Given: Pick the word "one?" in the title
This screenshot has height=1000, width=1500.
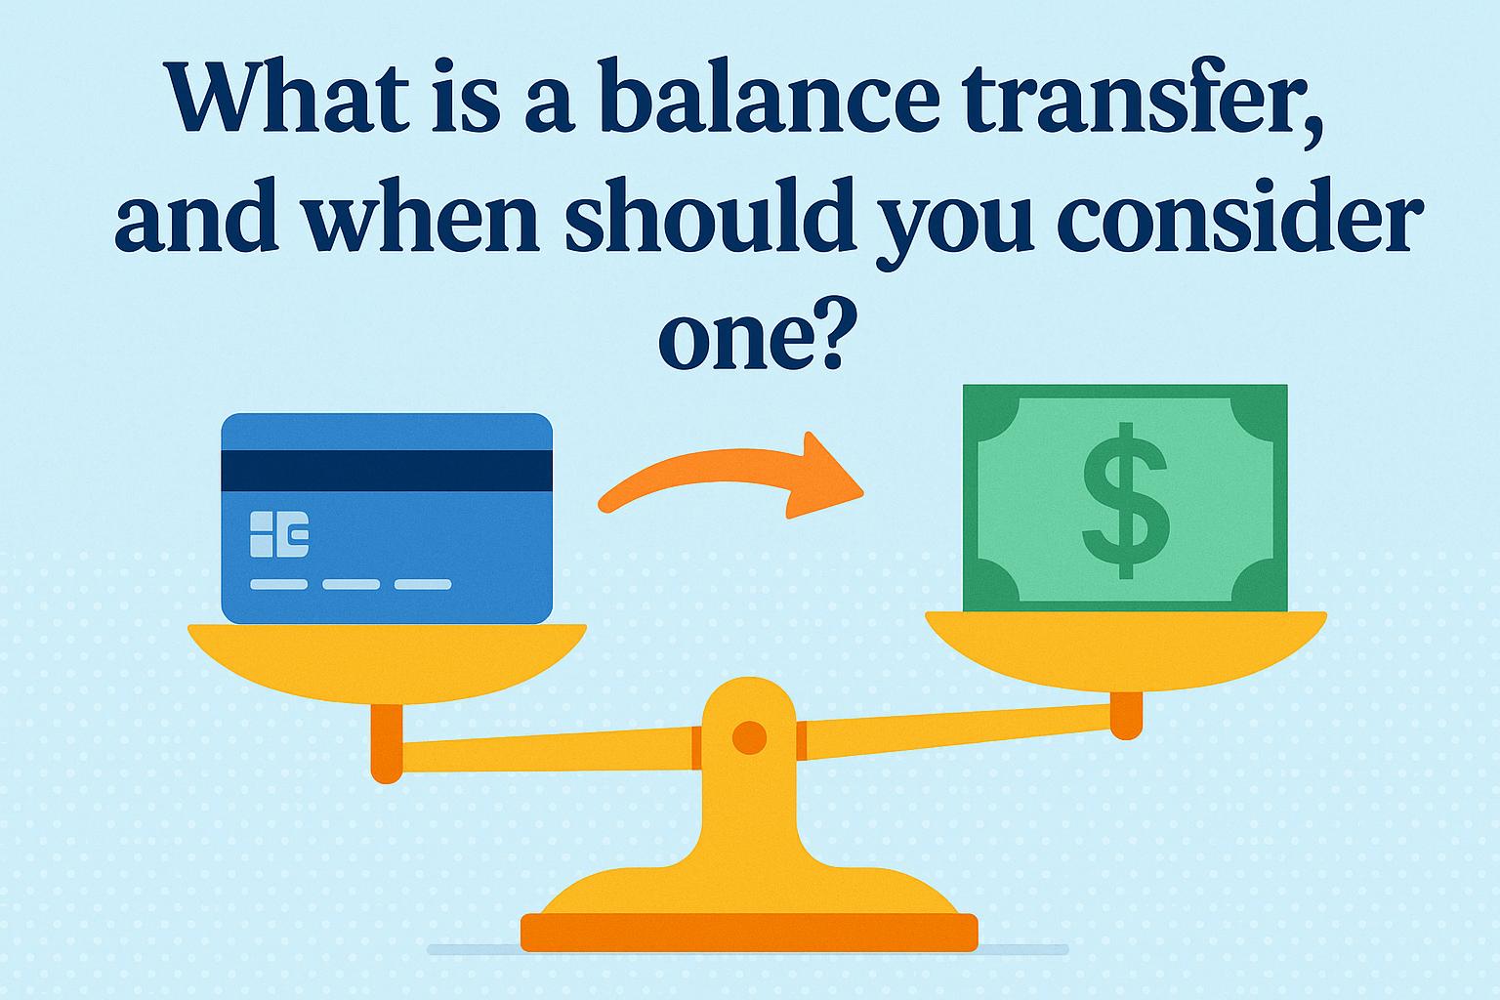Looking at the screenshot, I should pos(750,337).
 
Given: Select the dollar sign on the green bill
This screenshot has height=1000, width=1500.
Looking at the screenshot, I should pos(1125,498).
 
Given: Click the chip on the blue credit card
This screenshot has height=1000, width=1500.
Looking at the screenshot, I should pos(279,533).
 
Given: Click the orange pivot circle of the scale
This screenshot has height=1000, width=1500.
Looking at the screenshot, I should pos(749,734).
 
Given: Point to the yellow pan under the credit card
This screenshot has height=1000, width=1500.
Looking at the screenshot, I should pos(387,659).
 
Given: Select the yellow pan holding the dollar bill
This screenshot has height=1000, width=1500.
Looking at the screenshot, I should pos(1125,646).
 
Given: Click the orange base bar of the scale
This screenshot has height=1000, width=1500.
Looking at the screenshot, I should pos(749,932).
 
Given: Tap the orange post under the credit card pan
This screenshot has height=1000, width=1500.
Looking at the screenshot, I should pos(386,742).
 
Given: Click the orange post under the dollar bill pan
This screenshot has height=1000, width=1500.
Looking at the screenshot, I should pos(1126,715).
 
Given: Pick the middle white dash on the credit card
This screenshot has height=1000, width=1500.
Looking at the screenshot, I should pos(351,584).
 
